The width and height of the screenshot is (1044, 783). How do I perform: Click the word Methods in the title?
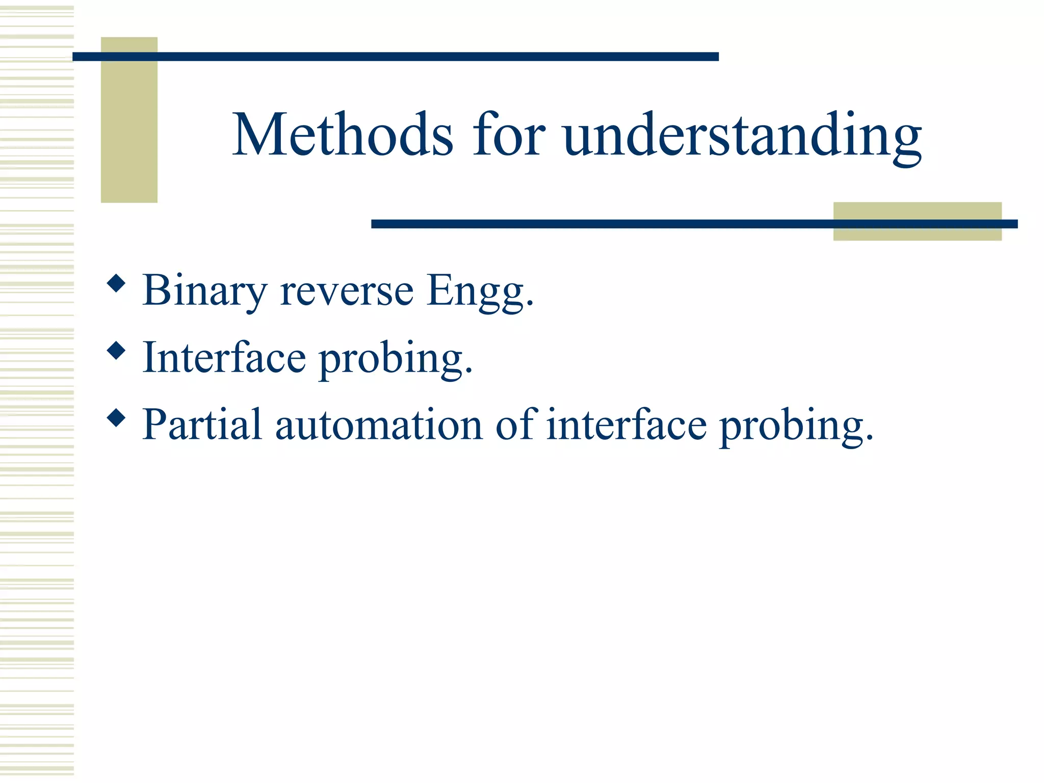pos(343,135)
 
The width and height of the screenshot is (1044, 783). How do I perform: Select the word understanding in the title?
pos(742,137)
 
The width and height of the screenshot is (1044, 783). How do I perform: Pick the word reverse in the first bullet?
pos(347,291)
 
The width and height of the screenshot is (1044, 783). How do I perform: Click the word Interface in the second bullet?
pos(224,358)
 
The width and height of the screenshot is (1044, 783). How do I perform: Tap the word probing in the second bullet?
pos(396,360)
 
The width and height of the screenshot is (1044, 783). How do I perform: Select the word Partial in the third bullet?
pos(202,425)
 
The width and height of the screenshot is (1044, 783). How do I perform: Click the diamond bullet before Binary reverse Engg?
pos(117,283)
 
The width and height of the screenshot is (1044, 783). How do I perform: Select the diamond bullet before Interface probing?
pos(117,351)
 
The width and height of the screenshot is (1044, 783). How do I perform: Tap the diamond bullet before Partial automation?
pos(117,418)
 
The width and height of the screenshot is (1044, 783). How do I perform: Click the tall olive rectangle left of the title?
pos(129,133)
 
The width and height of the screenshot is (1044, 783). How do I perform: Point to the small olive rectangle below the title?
pos(917,233)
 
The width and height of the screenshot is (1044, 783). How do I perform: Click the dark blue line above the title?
pos(395,57)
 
